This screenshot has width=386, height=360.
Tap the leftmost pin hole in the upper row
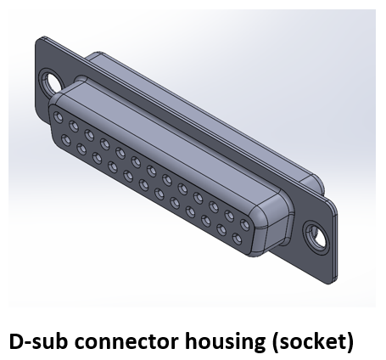(58, 116)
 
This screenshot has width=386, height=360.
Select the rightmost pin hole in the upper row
(244, 225)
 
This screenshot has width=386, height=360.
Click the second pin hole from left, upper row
(74, 126)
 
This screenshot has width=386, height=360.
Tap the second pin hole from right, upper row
(229, 216)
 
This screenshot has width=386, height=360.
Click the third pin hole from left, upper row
(89, 134)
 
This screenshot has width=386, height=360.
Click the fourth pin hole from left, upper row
(104, 143)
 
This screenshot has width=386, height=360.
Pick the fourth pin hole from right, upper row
(198, 198)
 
